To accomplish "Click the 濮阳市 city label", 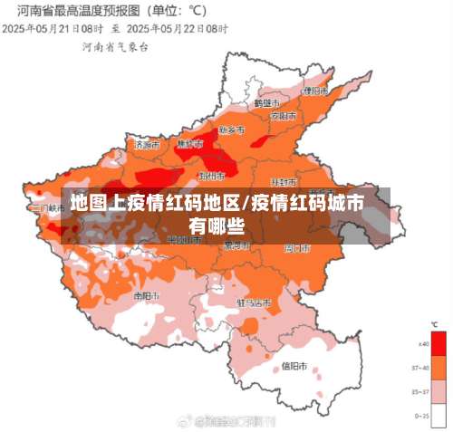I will (x=315, y=91).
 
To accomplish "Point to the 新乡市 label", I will (x=233, y=130).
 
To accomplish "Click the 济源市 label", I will (x=146, y=144).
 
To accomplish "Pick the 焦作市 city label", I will (x=189, y=144).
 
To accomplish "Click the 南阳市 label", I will (x=146, y=295).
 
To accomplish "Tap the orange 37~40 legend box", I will (x=439, y=368).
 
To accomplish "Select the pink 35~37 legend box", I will (x=439, y=391).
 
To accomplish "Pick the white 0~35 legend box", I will (x=439, y=414).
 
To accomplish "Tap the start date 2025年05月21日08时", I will (x=51, y=29).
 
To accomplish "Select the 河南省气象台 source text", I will (x=115, y=45).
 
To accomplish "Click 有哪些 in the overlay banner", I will (x=217, y=224).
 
